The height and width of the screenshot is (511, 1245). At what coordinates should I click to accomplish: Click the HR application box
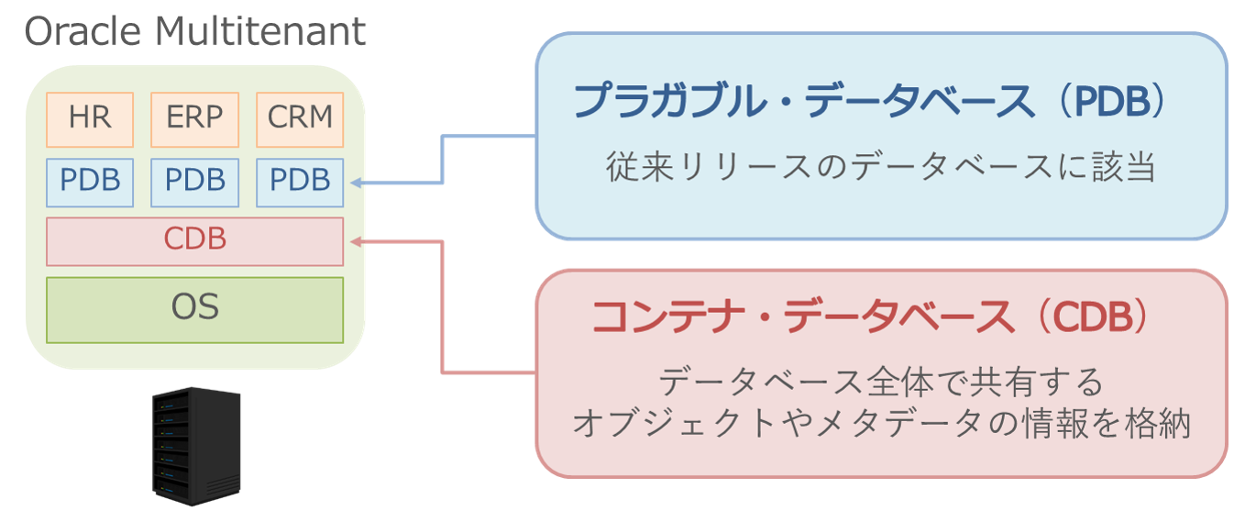coord(90,119)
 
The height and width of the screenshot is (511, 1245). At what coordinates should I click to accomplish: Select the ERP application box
coord(194,119)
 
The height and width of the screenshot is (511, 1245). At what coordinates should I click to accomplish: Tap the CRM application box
coord(300,119)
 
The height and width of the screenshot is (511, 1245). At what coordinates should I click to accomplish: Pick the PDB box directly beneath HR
coord(90,182)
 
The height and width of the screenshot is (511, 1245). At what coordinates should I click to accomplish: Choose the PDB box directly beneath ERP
coord(194,182)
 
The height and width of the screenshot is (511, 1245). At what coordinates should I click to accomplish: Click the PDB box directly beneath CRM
coord(300,182)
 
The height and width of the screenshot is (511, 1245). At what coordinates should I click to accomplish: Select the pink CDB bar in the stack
coord(194,240)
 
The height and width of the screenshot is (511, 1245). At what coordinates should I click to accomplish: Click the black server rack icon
coord(196,444)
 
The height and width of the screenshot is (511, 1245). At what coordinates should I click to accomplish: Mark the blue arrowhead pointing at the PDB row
coord(356,183)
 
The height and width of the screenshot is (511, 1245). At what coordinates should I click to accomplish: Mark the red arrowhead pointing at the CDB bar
coord(356,242)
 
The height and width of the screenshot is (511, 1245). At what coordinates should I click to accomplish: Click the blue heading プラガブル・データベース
coord(803,102)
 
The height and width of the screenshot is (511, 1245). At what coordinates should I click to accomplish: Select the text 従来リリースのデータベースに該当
coord(880,168)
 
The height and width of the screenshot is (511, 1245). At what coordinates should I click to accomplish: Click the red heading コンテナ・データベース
coord(803,318)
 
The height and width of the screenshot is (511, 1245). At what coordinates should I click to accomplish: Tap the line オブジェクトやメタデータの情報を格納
coord(880,424)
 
